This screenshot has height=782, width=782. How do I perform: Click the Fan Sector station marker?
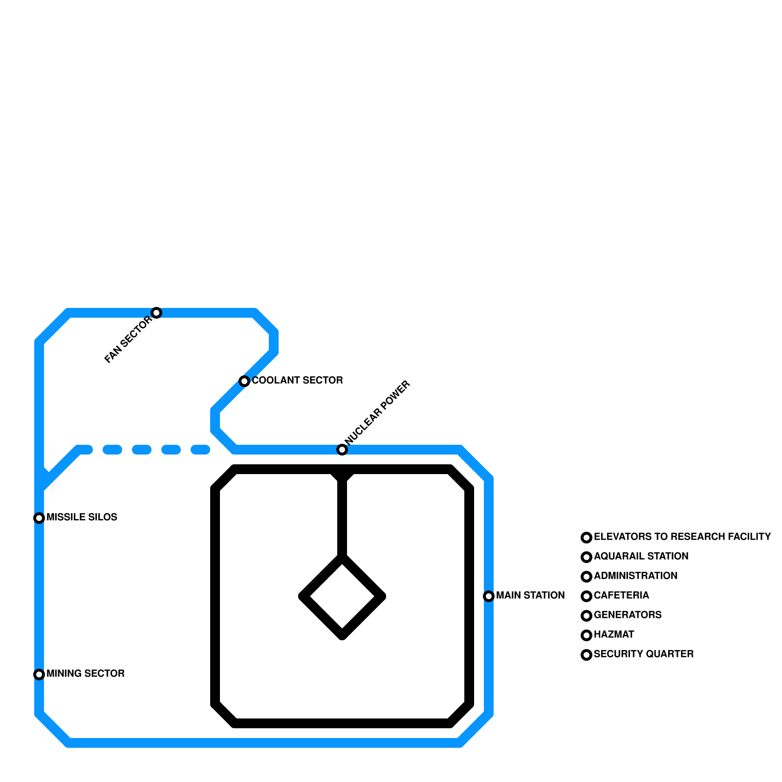156,313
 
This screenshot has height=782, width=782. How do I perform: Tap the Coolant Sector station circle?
244,381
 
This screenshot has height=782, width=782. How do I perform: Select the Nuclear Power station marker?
342,450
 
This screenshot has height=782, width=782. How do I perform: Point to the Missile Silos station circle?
39,518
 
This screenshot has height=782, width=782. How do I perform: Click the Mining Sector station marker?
39,674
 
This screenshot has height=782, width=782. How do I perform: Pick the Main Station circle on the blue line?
489,596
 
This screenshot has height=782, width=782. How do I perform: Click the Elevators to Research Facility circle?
586,538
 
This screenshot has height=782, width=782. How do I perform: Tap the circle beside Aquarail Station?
586,557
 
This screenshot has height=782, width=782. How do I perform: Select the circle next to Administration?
586,577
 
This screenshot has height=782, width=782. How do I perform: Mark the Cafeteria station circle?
586,596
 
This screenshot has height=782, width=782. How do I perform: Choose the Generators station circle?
586,616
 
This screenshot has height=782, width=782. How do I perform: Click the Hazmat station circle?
586,635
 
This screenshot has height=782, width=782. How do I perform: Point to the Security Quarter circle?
586,655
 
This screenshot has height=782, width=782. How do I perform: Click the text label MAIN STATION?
530,595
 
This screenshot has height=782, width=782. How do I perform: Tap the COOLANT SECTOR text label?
297,380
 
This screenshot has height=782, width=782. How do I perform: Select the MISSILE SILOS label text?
82,517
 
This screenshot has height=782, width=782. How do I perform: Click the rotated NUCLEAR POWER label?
377,413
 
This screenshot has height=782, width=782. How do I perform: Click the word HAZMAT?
614,634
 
